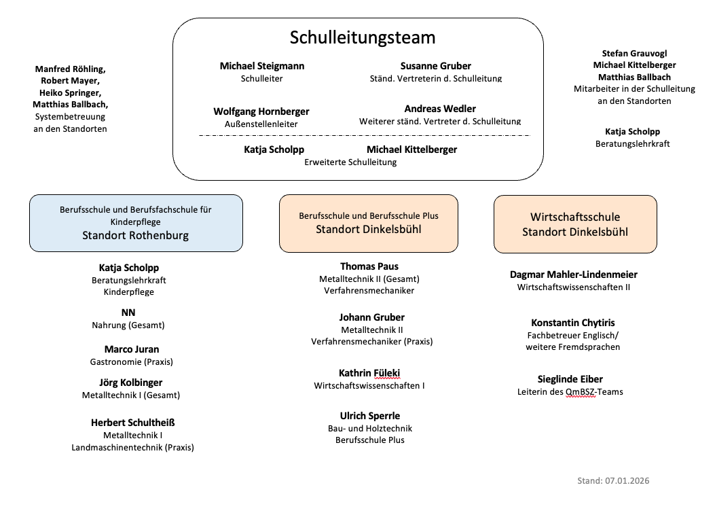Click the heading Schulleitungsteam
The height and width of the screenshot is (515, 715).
[x=363, y=37]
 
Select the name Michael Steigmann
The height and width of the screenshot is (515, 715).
[x=262, y=66]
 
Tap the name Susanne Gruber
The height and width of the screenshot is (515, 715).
[x=435, y=66]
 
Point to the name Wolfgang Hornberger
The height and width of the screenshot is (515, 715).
[x=261, y=111]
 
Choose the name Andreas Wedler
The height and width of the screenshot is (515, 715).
[x=440, y=109]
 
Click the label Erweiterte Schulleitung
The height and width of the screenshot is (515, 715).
[x=350, y=162]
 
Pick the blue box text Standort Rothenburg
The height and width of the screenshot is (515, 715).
[x=135, y=236]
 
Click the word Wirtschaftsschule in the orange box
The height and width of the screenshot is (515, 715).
[x=575, y=217]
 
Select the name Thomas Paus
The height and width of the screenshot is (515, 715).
[x=369, y=266]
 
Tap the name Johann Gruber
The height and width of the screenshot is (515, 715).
[x=371, y=317]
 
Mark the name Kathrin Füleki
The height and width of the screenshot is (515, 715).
[x=369, y=373]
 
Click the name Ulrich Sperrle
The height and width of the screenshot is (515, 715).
[x=370, y=416]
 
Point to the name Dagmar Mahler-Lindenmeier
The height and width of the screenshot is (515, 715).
[x=574, y=274]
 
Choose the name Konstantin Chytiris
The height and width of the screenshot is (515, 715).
[x=573, y=323]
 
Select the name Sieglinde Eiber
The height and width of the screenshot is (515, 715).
[x=570, y=379]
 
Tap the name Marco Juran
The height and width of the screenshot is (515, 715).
[x=132, y=349]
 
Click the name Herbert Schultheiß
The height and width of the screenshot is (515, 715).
[x=133, y=423]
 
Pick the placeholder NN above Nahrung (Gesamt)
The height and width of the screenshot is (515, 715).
[x=128, y=313]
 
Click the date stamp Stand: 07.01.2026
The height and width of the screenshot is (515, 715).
[x=613, y=481]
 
